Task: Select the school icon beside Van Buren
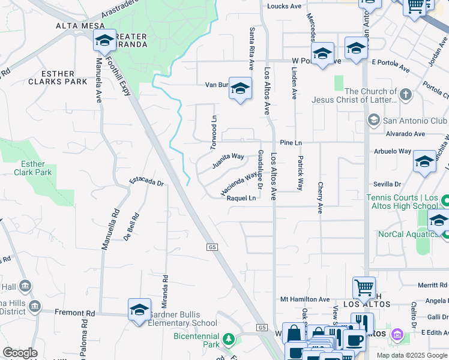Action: tap(240, 89)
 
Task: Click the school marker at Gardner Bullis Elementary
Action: tap(139, 310)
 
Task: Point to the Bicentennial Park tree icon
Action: tap(229, 340)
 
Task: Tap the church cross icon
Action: tap(406, 94)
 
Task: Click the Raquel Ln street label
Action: tap(241, 198)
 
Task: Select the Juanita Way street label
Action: tap(228, 160)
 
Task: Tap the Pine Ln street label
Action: tap(291, 143)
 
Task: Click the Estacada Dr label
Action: tap(147, 181)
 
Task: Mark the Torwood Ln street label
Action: tap(213, 133)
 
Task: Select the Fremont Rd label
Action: tap(75, 313)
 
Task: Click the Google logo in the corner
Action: tap(20, 353)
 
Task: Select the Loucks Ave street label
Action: tap(284, 6)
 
